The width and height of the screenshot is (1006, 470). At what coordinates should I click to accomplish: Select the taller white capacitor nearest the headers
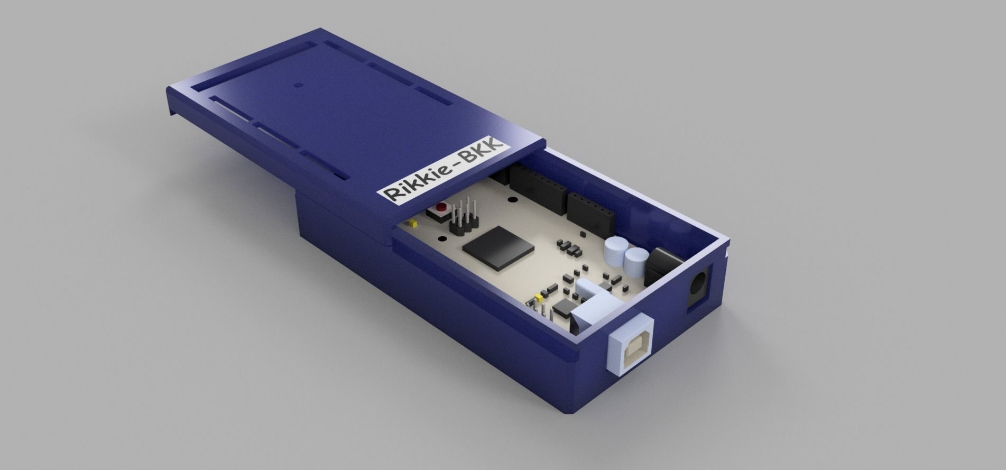click(615, 248)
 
